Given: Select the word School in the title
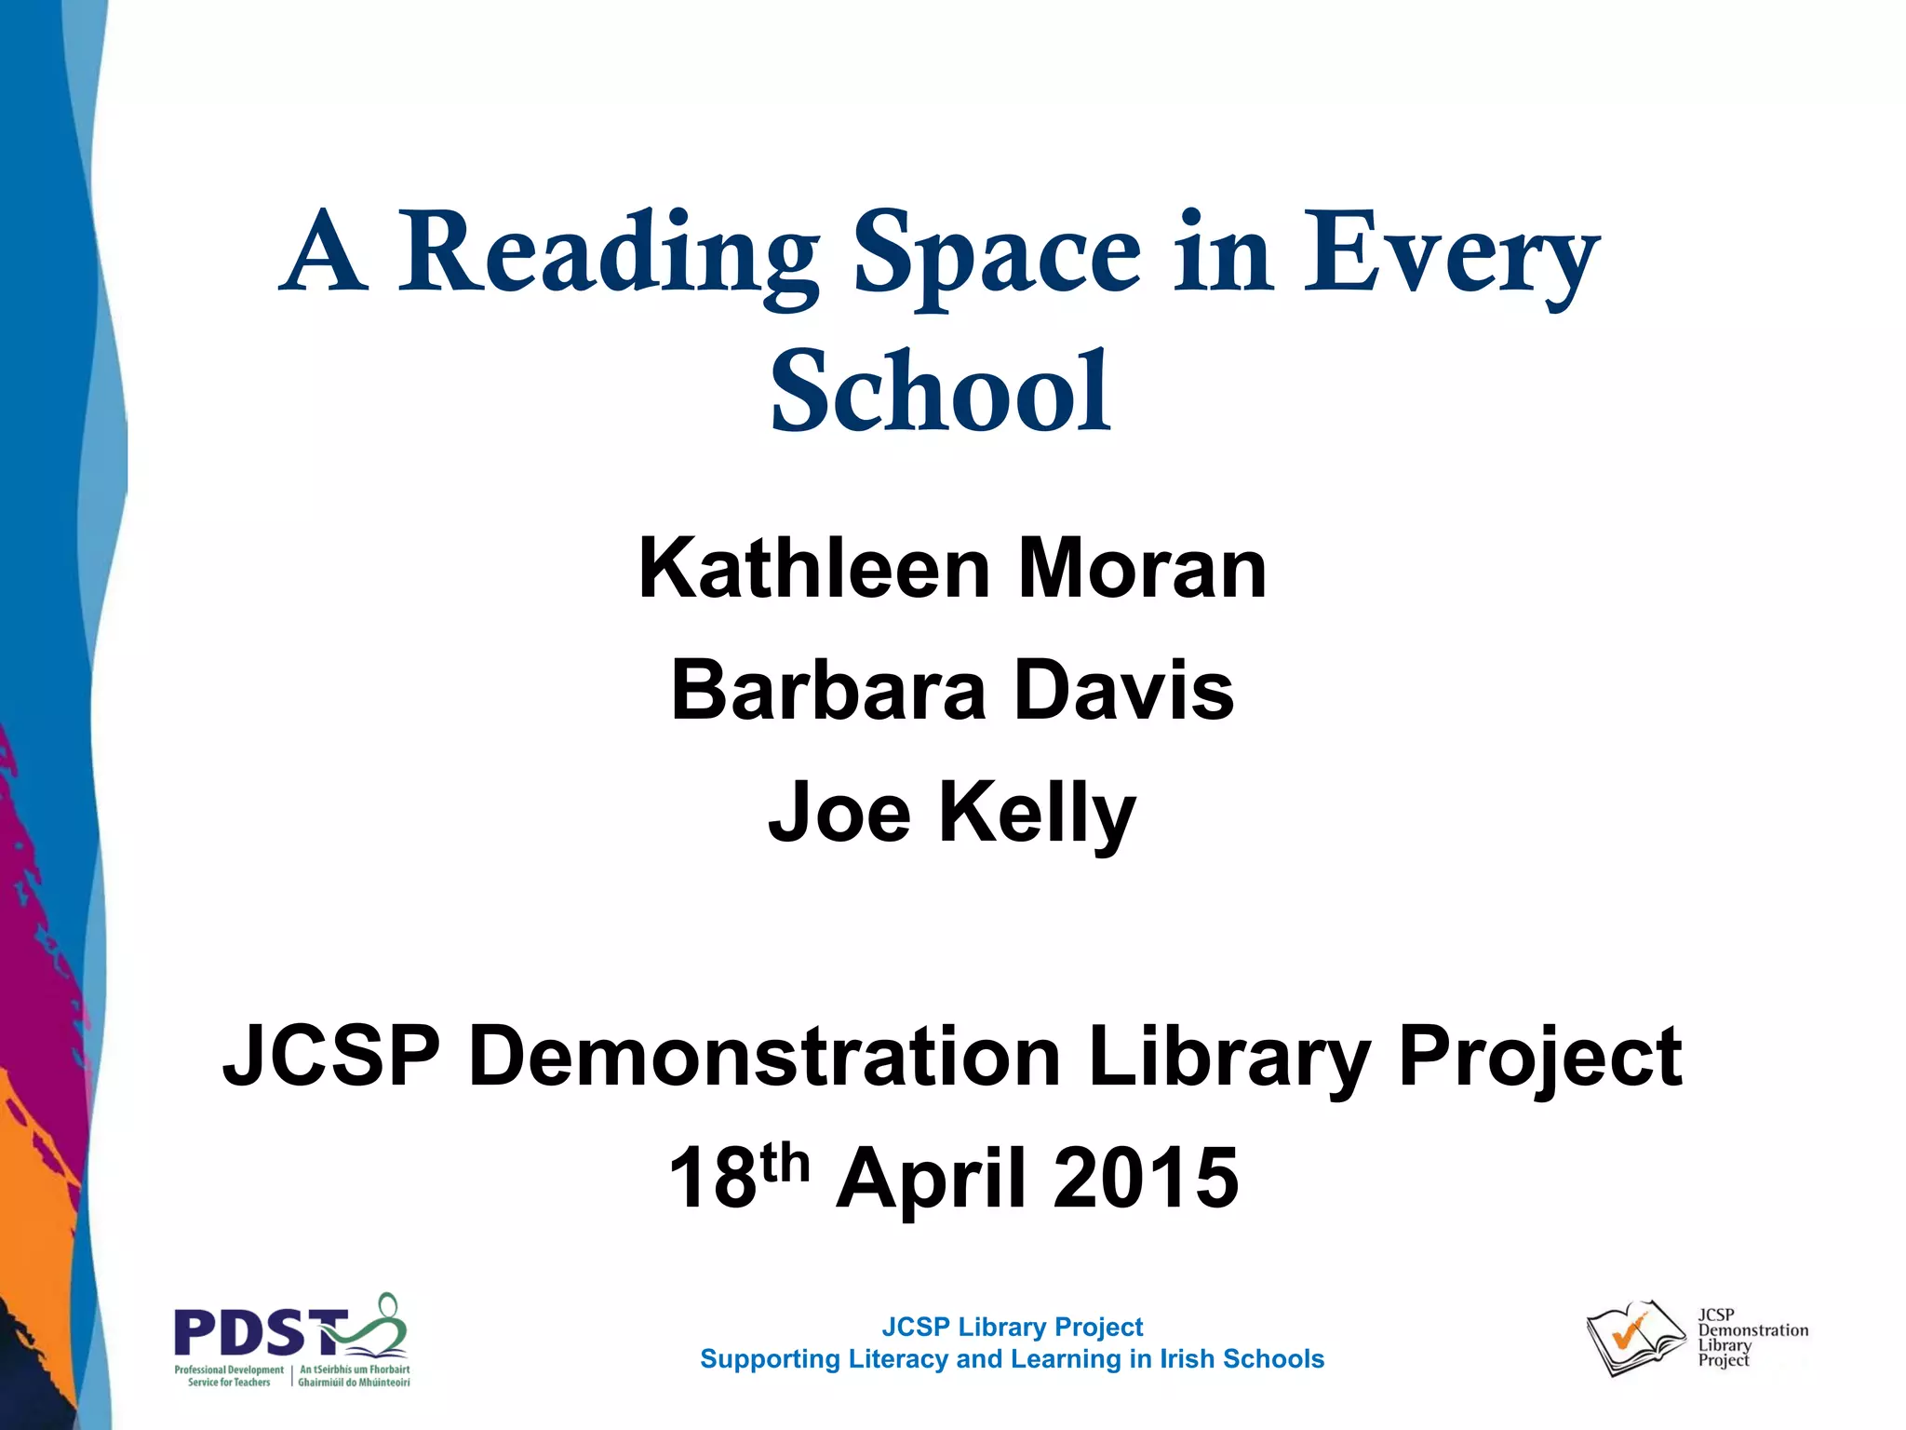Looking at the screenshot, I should [941, 392].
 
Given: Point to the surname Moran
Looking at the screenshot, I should [1142, 569].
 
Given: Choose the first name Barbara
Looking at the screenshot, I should [827, 691].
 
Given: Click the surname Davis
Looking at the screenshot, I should [1124, 691].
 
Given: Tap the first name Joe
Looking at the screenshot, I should [839, 813].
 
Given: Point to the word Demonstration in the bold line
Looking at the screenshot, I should [764, 1057].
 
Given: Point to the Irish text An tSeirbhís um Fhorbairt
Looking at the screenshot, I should [355, 1369].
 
